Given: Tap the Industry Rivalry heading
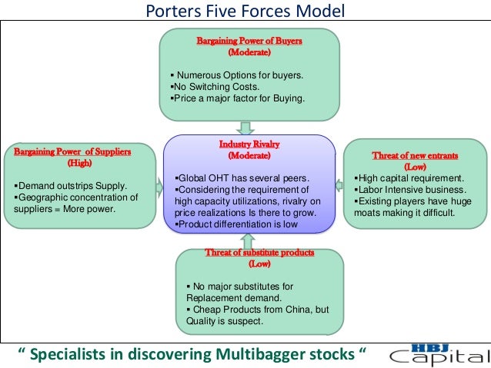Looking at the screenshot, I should pyautogui.click(x=249, y=144).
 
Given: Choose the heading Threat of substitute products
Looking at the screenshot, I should pyautogui.click(x=259, y=253).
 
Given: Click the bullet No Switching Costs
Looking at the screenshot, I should pyautogui.click(x=212, y=87).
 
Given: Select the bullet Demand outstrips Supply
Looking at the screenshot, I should pyautogui.click(x=71, y=186).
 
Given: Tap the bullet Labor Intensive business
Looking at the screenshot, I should pyautogui.click(x=410, y=189).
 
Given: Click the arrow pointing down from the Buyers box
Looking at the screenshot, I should pyautogui.click(x=246, y=127).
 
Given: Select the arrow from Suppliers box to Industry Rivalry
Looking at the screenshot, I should pyautogui.click(x=159, y=187).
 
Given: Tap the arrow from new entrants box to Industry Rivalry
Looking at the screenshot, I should pyautogui.click(x=339, y=184).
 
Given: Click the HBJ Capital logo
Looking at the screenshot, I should pyautogui.click(x=436, y=353).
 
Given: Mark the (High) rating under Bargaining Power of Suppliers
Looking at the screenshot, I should pyautogui.click(x=78, y=163).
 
